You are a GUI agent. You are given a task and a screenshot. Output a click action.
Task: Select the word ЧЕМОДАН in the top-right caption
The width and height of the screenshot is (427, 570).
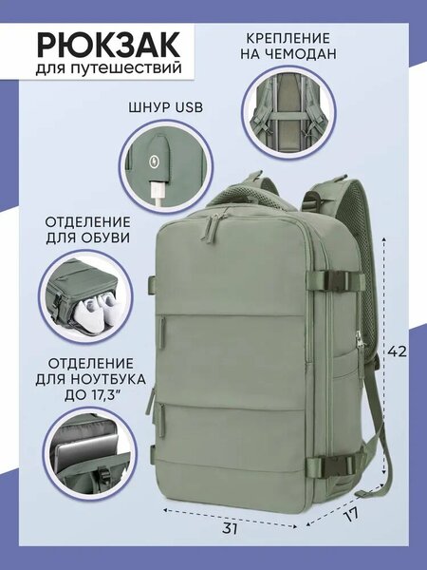[300, 54]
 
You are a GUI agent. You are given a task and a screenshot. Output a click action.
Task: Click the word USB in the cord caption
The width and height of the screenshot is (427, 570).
[189, 107]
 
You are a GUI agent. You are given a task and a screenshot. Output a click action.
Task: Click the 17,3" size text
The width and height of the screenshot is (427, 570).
[103, 395]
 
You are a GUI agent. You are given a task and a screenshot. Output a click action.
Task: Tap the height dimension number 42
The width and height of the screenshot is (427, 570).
[397, 351]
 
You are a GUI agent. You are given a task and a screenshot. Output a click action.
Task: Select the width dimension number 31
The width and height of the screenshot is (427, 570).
[230, 528]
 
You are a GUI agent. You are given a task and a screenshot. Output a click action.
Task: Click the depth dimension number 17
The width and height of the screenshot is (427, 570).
[351, 514]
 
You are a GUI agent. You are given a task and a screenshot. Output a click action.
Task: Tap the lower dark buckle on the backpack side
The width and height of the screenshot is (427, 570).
[338, 464]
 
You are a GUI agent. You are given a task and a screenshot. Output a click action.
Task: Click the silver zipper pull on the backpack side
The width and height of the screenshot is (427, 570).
[360, 341]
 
